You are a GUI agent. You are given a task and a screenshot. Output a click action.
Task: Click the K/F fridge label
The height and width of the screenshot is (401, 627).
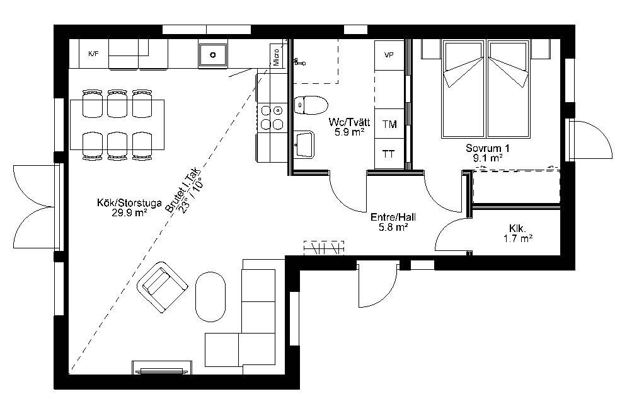click(93, 54)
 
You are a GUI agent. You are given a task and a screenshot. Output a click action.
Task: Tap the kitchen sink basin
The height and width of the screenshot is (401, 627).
click(213, 55)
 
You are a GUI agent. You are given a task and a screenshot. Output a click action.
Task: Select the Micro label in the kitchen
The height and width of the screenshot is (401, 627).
click(276, 57)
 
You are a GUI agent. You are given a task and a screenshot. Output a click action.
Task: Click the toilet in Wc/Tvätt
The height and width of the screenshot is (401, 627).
click(310, 105)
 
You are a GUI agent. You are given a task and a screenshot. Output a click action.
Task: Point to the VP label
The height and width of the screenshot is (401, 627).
click(389, 55)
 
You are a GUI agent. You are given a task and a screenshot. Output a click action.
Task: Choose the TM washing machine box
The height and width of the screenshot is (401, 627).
click(389, 124)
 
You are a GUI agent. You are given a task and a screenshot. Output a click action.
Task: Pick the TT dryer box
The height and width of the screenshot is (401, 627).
click(389, 154)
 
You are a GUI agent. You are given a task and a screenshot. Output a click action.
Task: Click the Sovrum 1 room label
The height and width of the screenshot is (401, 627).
click(488, 148)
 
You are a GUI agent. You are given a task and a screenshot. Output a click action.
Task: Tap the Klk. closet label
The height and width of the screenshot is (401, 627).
click(517, 228)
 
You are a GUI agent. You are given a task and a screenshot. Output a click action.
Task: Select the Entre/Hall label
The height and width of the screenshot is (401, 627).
click(393, 218)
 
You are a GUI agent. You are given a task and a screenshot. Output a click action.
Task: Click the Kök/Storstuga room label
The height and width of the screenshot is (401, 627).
click(129, 202)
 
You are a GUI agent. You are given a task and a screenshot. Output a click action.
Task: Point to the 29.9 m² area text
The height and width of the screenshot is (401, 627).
click(129, 212)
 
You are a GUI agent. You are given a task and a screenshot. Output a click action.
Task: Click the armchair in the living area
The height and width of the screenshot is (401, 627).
click(163, 287)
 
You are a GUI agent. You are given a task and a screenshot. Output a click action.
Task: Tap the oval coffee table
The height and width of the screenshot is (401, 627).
click(210, 296)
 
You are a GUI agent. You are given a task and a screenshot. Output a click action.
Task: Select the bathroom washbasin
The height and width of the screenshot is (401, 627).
click(304, 144)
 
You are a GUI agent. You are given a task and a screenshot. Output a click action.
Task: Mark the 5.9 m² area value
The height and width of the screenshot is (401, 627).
click(349, 132)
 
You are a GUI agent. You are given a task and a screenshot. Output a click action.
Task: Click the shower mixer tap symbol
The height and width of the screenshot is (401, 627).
click(299, 62)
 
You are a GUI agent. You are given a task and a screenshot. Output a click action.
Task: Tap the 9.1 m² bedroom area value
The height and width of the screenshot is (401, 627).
click(488, 158)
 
